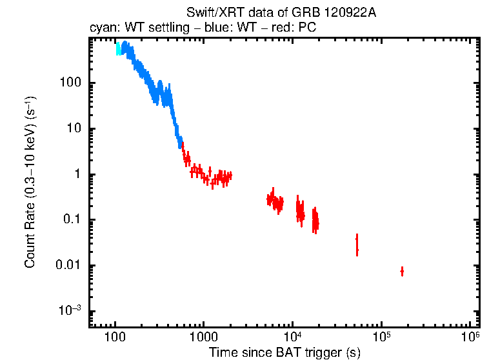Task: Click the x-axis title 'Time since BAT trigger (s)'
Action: [x=284, y=352]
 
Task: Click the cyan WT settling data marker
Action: [x=118, y=50]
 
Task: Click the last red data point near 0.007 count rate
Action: [x=402, y=272]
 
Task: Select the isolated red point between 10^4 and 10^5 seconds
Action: [x=357, y=245]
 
